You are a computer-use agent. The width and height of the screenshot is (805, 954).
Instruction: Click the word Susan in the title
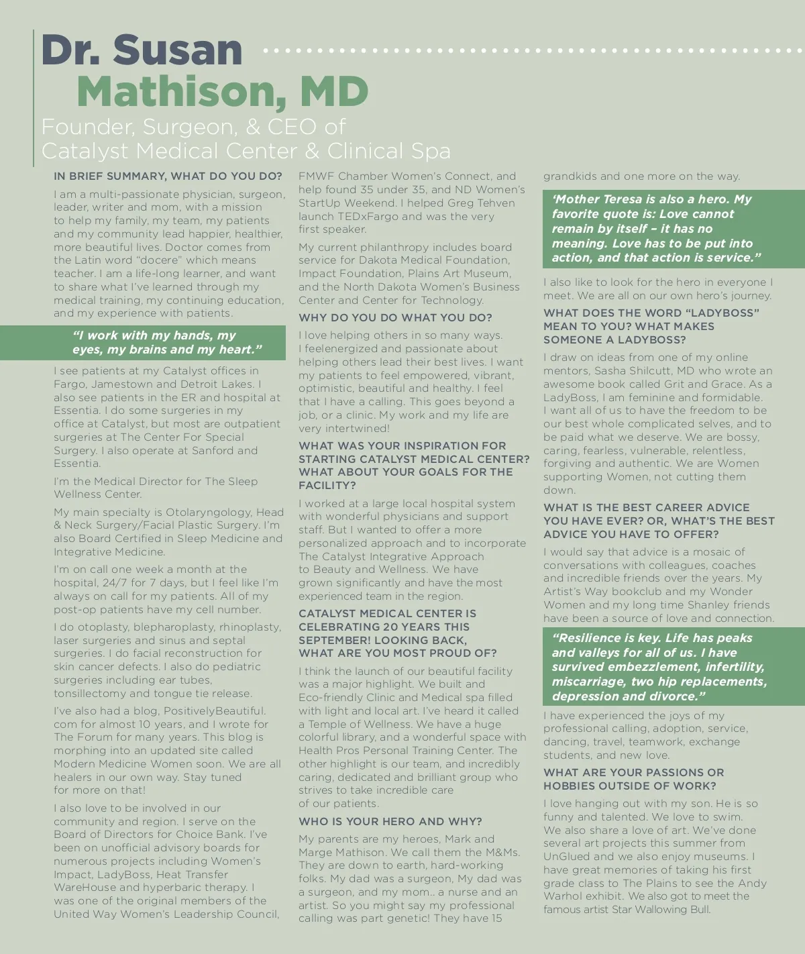click(178, 50)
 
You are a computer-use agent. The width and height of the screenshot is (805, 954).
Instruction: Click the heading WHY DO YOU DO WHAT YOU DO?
click(395, 318)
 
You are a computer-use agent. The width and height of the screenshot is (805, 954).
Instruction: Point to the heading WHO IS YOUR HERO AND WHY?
click(390, 822)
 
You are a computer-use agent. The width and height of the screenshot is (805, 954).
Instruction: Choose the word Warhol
click(562, 896)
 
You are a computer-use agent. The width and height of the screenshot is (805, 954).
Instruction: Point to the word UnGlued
click(566, 857)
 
